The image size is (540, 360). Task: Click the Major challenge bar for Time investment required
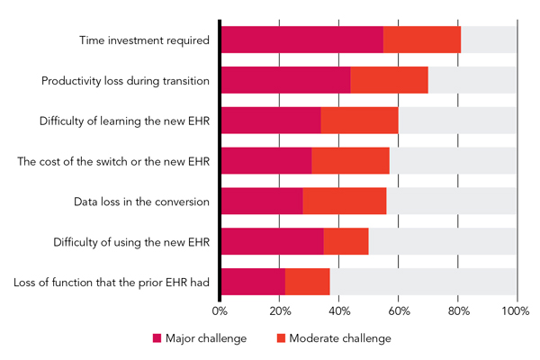coord(301,40)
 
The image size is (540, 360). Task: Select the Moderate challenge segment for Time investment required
coord(422,40)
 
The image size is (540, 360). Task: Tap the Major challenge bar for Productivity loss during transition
coord(285,81)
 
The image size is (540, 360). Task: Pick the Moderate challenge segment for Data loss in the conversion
coord(345,202)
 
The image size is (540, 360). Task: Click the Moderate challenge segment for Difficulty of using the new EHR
coord(346,242)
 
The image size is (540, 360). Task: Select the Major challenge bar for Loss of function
coord(253,282)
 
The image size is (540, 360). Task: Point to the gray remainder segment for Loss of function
coord(423,282)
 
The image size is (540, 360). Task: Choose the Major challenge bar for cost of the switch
coord(266,161)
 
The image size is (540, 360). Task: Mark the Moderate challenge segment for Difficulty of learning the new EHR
coord(360,121)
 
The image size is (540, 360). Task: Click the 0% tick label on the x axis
coord(220,311)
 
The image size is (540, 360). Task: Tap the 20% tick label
coord(280,311)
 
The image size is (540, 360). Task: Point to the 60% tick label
coord(399,311)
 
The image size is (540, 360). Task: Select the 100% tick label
coord(516,311)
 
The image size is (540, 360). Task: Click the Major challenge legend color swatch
coord(157,338)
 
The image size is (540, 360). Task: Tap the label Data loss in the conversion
coord(141,202)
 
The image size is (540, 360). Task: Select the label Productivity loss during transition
coord(125,81)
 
